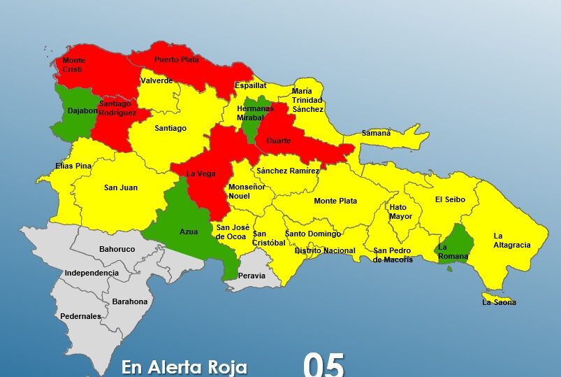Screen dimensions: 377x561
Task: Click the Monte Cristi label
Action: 74,65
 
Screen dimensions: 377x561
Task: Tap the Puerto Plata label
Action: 177,59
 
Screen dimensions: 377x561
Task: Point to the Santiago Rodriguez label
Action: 118,108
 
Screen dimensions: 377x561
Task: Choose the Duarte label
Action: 277,140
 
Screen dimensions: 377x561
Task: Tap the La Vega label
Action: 201,173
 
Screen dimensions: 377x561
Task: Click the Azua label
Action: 189,232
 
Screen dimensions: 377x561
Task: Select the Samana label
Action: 376,133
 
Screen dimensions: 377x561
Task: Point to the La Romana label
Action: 448,251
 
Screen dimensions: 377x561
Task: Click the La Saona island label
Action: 499,302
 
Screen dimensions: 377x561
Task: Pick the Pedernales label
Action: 80,316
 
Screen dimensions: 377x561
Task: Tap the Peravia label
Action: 252,276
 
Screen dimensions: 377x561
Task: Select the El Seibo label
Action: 450,199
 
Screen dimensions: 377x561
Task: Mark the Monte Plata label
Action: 335,201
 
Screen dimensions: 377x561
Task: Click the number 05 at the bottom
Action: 323,365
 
